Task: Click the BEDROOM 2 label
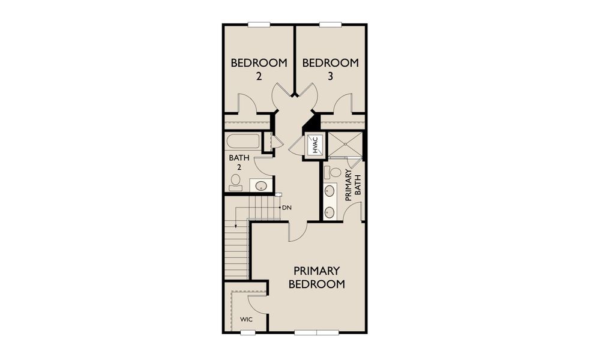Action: point(259,68)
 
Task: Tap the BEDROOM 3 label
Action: point(330,68)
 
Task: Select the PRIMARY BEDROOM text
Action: point(316,277)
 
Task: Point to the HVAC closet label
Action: point(315,145)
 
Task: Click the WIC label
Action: point(247,319)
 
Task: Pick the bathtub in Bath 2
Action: point(243,142)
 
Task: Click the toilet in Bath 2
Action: point(235,182)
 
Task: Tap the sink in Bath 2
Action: point(261,185)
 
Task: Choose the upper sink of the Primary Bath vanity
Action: point(330,191)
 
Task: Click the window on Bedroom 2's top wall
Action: point(259,25)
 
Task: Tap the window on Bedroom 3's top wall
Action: point(330,25)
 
